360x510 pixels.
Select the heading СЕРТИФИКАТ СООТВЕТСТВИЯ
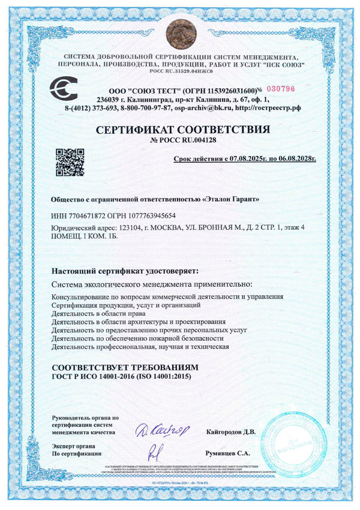coord(180,129)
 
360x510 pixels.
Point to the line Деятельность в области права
coord(104,313)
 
